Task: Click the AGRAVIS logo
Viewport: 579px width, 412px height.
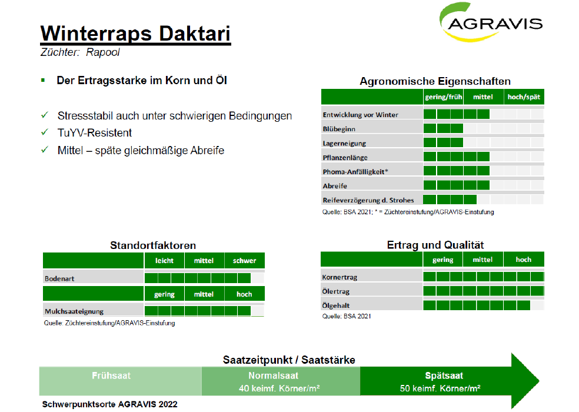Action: [491, 22]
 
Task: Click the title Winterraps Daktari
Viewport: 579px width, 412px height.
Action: [135, 34]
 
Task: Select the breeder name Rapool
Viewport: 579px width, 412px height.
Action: [102, 52]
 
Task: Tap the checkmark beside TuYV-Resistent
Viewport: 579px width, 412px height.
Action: [45, 132]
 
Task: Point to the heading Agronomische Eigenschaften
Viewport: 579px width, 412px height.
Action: [435, 81]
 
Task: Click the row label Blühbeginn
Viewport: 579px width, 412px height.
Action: [339, 129]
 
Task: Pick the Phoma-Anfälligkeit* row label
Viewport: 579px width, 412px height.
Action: [355, 172]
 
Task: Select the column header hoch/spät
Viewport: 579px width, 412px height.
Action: [524, 97]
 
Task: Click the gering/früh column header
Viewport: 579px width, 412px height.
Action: [444, 97]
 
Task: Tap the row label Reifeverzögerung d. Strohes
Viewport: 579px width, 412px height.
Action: [368, 200]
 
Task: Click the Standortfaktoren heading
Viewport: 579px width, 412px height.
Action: [153, 245]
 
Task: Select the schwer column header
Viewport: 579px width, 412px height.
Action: [244, 261]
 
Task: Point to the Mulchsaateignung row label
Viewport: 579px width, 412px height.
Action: [74, 311]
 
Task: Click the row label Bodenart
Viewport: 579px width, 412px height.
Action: [59, 278]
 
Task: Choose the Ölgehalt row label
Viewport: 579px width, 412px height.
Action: [335, 305]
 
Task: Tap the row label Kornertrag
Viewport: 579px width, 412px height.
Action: [340, 277]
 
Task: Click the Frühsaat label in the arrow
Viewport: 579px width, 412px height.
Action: [111, 376]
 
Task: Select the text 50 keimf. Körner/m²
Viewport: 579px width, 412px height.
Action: [440, 388]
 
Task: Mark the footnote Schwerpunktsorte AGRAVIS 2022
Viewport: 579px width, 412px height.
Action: [109, 404]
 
